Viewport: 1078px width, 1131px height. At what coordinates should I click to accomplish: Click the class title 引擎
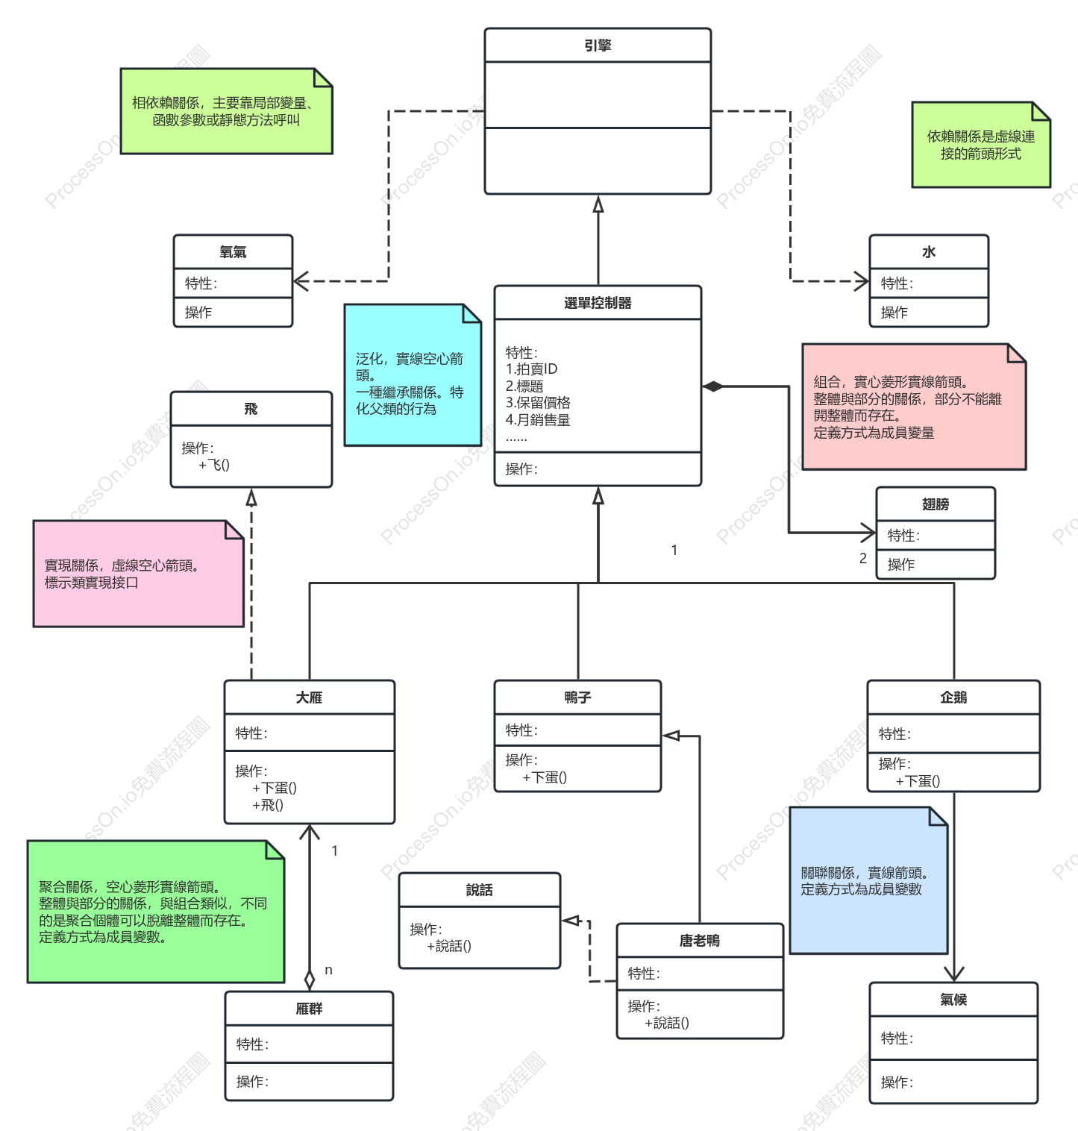pyautogui.click(x=598, y=46)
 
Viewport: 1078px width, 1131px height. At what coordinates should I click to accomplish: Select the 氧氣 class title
pyautogui.click(x=233, y=252)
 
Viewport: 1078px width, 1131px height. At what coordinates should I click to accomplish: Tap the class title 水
pyautogui.click(x=929, y=252)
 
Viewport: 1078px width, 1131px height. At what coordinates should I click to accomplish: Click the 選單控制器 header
pyautogui.click(x=598, y=303)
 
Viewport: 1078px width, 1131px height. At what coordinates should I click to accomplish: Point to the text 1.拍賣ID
pyautogui.click(x=531, y=369)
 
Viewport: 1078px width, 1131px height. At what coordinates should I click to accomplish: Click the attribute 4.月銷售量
pyautogui.click(x=538, y=420)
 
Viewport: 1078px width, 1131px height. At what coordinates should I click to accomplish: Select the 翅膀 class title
pyautogui.click(x=936, y=504)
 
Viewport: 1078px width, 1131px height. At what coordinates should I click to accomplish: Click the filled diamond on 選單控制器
pyautogui.click(x=713, y=386)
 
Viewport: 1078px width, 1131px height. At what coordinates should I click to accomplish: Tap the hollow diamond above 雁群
pyautogui.click(x=310, y=980)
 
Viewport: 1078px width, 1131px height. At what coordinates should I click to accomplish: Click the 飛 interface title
pyautogui.click(x=251, y=409)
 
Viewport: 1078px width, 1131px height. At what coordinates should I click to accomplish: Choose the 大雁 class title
pyautogui.click(x=309, y=698)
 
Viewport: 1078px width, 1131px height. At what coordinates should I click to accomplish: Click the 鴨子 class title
pyautogui.click(x=577, y=698)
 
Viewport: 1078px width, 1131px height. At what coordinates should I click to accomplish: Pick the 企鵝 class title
pyautogui.click(x=953, y=698)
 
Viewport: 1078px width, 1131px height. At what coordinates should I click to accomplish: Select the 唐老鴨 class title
pyautogui.click(x=700, y=941)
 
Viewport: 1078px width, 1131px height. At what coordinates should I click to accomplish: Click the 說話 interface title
pyautogui.click(x=479, y=890)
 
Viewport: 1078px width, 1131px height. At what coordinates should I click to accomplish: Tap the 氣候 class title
pyautogui.click(x=953, y=1000)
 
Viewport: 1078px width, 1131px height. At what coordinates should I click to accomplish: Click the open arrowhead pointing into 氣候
pyautogui.click(x=954, y=974)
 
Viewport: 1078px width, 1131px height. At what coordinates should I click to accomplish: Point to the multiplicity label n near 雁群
pyautogui.click(x=328, y=970)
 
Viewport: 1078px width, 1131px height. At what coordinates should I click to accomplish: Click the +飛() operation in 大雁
pyautogui.click(x=268, y=805)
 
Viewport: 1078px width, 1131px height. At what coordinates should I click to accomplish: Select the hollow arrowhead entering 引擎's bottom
pyautogui.click(x=598, y=204)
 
